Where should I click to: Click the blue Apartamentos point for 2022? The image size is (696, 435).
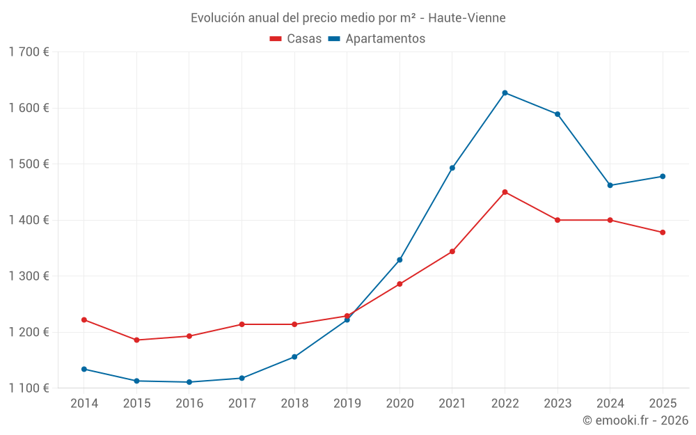coord(505,93)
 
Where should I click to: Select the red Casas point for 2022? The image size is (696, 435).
coord(505,192)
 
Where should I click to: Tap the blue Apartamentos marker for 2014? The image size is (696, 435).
coord(84,369)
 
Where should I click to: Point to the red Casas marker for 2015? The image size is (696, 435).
coord(136,340)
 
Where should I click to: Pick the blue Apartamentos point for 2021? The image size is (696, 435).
coord(452,168)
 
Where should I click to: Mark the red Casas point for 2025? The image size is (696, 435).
coord(663,232)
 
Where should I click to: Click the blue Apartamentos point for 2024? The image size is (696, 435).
coord(610,185)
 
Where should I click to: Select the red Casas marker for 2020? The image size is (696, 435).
coord(400,284)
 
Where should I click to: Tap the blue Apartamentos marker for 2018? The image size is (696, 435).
coord(294,357)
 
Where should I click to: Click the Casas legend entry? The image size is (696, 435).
coord(296,39)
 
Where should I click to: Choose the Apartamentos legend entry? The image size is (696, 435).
coord(377,39)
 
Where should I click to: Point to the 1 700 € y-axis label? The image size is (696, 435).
coord(29,52)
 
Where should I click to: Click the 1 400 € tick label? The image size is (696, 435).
coord(29,220)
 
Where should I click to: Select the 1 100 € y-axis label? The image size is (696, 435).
coord(29,388)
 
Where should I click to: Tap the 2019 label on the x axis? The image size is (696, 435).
coord(347,403)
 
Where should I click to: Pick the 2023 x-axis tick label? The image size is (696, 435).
coord(557,403)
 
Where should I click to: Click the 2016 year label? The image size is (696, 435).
coord(189,403)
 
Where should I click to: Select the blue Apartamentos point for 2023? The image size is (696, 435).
coord(557,114)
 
